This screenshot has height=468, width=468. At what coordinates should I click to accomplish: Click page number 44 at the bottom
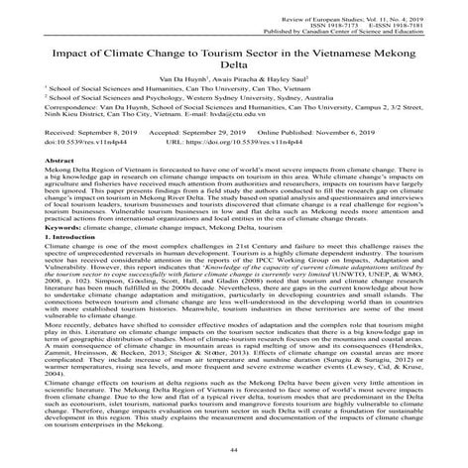pos(234,451)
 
